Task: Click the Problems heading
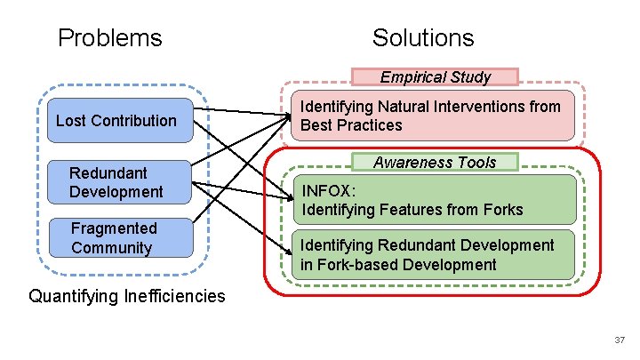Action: [109, 38]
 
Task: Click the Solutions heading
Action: [423, 38]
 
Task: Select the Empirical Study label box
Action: [435, 77]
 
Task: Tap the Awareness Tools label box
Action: [435, 163]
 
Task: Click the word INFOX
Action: [327, 190]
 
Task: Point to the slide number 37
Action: [619, 340]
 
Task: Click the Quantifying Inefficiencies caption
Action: [127, 296]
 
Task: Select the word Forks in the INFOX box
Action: [501, 210]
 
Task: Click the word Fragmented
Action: [114, 228]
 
